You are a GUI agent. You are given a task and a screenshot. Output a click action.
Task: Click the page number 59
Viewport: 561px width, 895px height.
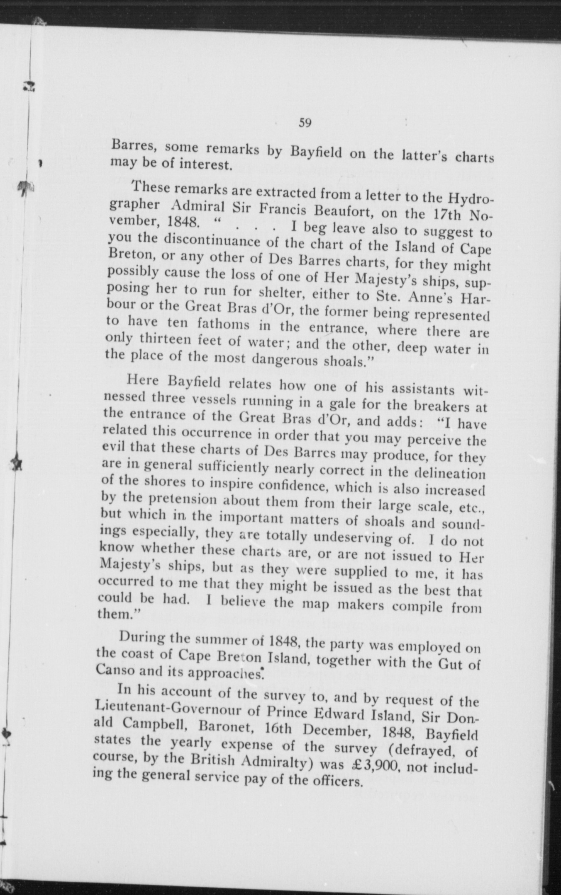(305, 123)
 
